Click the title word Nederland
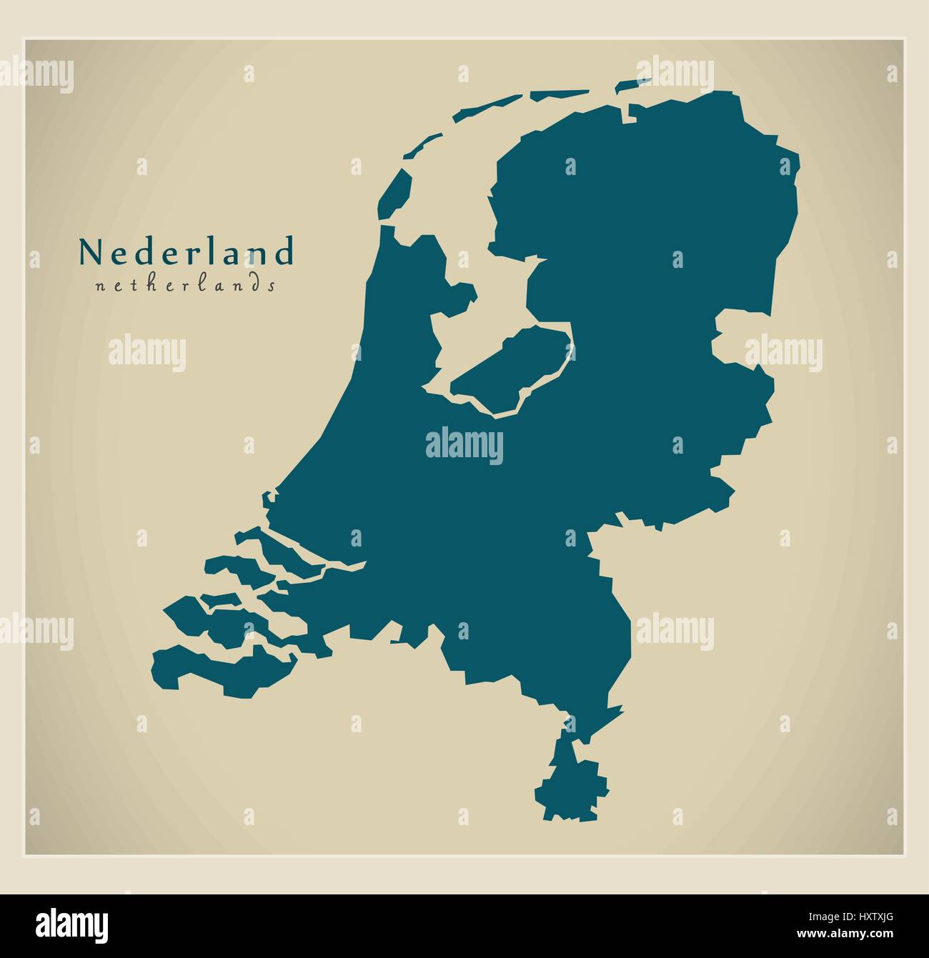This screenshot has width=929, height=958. pyautogui.click(x=186, y=251)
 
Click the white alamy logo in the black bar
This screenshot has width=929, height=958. pyautogui.click(x=56, y=922)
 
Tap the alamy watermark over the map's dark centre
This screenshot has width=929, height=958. pyautogui.click(x=464, y=446)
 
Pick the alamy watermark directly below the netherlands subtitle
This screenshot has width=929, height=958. pyautogui.click(x=147, y=354)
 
